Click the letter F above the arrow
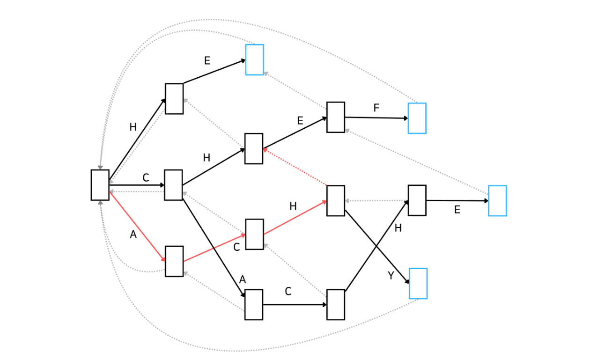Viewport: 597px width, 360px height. (376, 108)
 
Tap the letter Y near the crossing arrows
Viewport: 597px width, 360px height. (391, 276)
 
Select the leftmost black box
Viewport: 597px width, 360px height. (100, 185)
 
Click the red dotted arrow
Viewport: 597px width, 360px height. (295, 167)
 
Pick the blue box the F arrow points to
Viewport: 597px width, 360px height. (417, 118)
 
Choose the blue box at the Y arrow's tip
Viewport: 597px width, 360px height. (418, 284)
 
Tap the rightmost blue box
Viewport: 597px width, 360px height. (497, 201)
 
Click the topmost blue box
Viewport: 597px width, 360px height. (255, 60)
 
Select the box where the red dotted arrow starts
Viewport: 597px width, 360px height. (336, 201)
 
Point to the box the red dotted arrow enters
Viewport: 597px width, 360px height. (254, 149)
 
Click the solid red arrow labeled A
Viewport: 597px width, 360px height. (138, 226)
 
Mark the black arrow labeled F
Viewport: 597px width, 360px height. (376, 118)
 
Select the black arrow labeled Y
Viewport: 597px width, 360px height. (377, 247)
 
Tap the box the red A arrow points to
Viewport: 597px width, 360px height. (174, 261)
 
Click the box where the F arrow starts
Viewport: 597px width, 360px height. (336, 117)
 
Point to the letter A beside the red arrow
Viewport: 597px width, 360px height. (133, 235)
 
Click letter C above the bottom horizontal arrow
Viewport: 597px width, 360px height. (288, 291)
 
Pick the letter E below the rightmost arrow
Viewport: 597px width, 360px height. (457, 210)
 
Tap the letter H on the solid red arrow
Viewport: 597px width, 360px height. (293, 206)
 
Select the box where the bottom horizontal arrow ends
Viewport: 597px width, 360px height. (336, 305)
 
